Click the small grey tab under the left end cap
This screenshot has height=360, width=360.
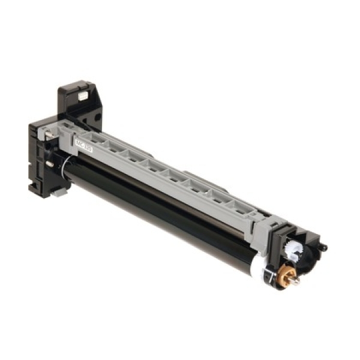click(61, 191)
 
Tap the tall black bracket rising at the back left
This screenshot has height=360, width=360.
click(75, 102)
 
